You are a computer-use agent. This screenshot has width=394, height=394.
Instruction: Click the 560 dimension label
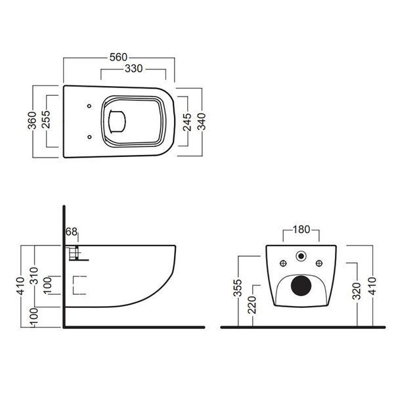coord(119,57)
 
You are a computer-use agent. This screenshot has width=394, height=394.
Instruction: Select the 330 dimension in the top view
coord(134,68)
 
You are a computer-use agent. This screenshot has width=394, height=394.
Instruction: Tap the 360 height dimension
coord(32,120)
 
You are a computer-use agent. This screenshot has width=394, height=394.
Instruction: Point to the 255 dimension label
coord(46,120)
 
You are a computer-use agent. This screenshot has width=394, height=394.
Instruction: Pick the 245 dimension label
coord(187,122)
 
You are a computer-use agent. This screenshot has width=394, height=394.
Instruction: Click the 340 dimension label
coord(202,121)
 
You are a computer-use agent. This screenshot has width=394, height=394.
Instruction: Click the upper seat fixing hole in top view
coord(89,106)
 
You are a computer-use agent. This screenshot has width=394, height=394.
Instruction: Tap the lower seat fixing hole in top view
coord(89,137)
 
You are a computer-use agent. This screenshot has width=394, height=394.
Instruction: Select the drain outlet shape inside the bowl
coord(117,121)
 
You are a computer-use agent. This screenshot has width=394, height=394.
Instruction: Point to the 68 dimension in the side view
coord(72,232)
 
